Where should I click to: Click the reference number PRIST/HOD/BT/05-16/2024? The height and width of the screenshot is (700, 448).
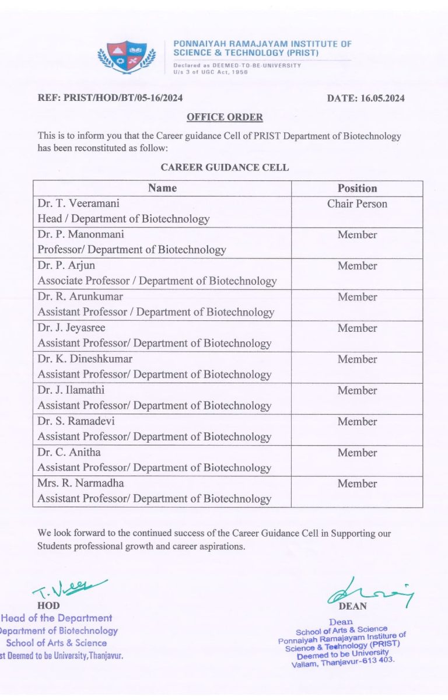[x=110, y=98]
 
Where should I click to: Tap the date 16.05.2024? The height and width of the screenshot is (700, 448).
[x=366, y=98]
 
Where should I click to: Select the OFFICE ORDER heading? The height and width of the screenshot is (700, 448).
[x=225, y=117]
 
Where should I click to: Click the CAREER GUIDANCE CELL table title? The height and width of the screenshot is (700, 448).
[x=225, y=167]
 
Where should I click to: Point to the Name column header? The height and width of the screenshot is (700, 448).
[x=162, y=188]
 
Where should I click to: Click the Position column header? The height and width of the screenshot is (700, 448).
[x=357, y=188]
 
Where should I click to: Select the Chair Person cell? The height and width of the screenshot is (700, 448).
[x=357, y=204]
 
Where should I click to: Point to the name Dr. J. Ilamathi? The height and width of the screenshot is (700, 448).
[x=71, y=390]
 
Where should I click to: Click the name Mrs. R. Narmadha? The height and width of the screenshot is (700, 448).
[x=80, y=484]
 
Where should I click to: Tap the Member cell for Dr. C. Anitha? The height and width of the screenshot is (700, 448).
[x=357, y=453]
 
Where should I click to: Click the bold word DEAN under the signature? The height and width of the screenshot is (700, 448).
[x=353, y=606]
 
